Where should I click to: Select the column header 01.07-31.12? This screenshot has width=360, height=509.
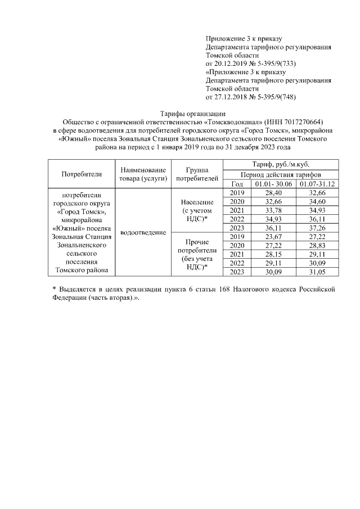coord(317,184)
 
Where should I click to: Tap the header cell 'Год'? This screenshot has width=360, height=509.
coord(237,184)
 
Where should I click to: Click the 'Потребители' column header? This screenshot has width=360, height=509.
coord(82,174)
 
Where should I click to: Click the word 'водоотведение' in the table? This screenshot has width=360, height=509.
coord(143,232)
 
